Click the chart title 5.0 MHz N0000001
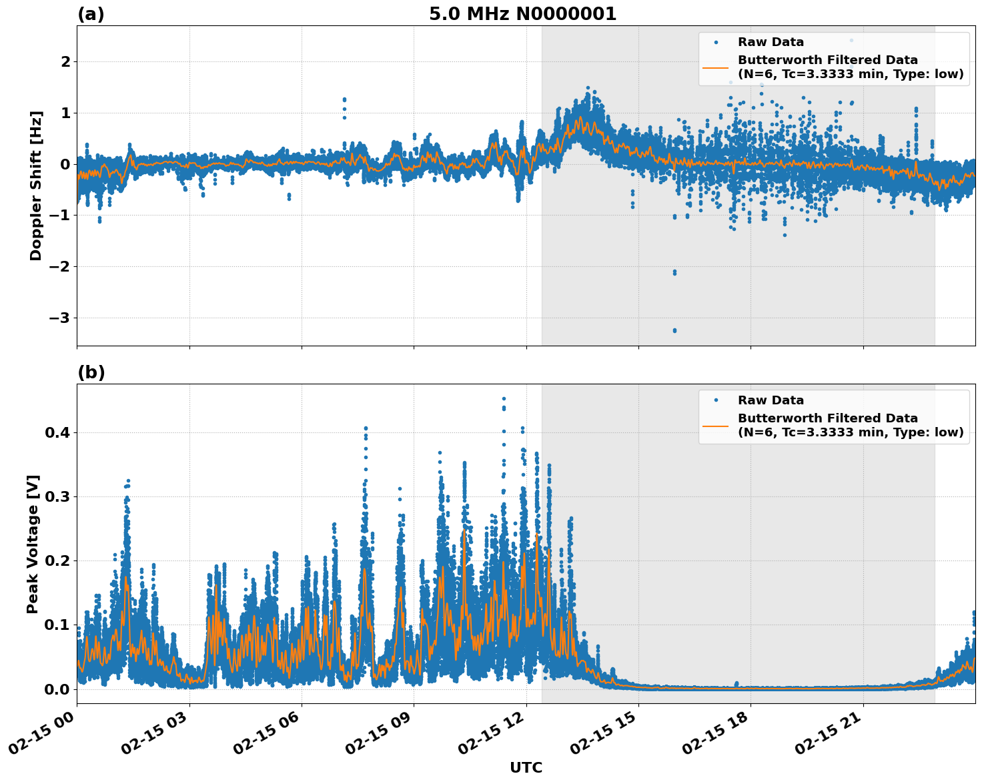pos(522,14)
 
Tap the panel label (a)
pos(91,14)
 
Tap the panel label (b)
pos(91,372)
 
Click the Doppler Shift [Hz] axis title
pos(36,185)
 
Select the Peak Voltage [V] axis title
pos(33,544)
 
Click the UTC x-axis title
pos(526,767)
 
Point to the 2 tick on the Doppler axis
pos(65,61)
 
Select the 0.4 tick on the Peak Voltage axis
pos(58,432)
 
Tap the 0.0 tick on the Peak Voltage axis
pos(58,689)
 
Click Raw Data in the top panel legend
pos(771,42)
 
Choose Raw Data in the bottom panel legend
pos(771,400)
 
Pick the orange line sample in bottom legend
pos(716,425)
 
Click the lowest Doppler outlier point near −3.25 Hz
pos(674,330)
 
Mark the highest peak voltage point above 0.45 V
pos(504,398)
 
